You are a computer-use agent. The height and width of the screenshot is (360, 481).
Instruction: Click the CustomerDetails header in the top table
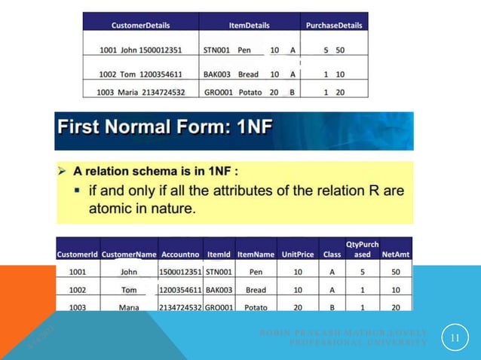140,26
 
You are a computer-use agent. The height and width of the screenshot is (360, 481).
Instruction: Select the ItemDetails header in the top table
249,26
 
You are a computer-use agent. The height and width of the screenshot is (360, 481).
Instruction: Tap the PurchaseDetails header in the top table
334,26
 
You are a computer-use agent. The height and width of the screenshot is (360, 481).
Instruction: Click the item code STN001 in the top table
216,51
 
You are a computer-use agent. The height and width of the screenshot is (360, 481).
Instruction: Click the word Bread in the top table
248,75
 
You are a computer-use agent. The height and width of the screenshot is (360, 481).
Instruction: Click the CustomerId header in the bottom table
78,255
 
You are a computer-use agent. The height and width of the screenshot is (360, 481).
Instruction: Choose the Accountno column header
180,255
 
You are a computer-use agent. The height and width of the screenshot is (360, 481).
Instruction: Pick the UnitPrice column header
297,255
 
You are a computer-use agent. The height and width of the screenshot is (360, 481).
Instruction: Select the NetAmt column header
396,255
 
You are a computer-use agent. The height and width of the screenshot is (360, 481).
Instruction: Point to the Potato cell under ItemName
256,307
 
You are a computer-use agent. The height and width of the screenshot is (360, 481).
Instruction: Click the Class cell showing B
332,307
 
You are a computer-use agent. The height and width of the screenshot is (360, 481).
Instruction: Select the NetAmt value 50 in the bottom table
396,272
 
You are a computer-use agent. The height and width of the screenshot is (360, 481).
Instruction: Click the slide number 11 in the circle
454,338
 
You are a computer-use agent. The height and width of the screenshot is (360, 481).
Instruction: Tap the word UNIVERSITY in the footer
400,343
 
